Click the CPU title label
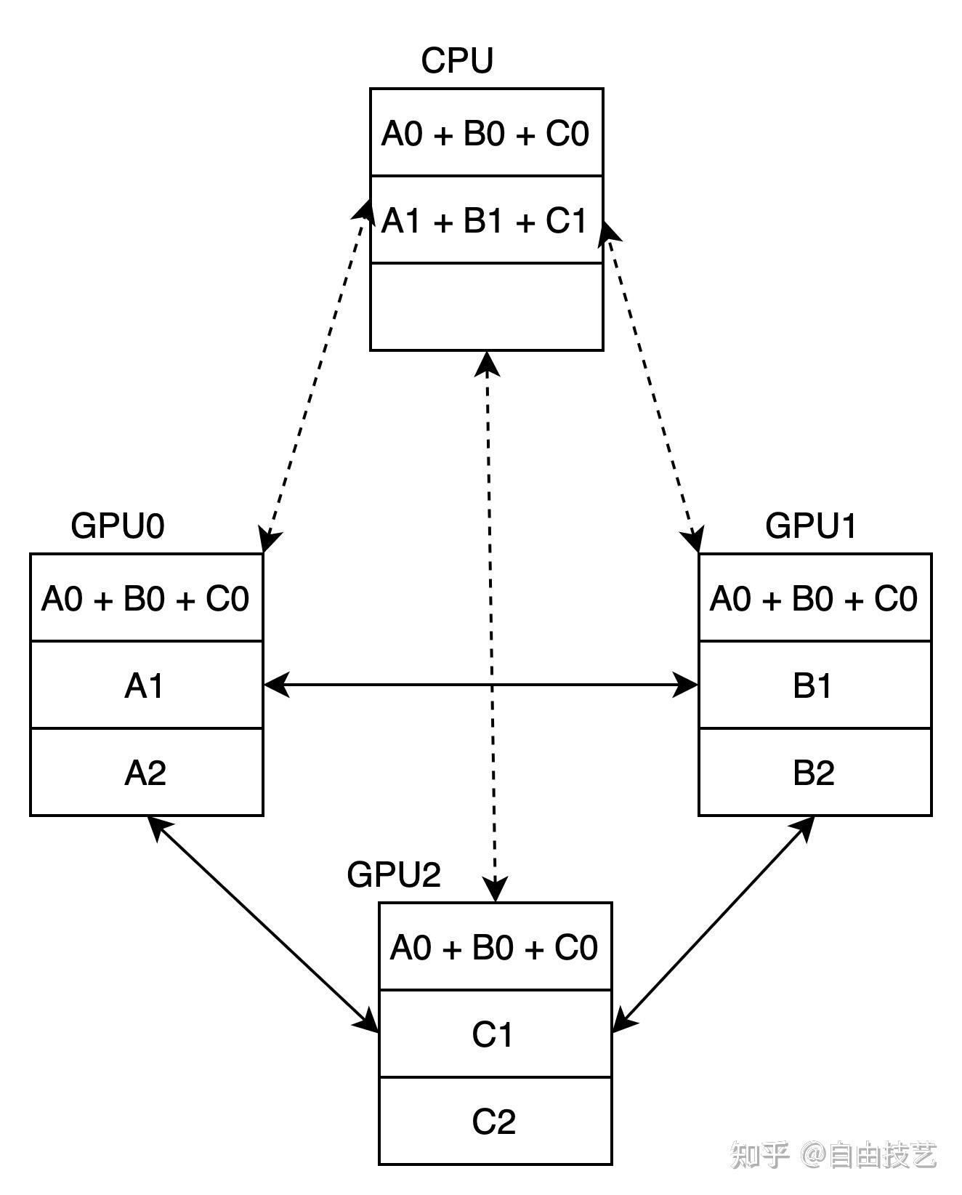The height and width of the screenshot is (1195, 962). [x=457, y=60]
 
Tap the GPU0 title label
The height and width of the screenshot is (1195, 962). [x=118, y=526]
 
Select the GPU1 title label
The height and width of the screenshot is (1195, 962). [x=811, y=526]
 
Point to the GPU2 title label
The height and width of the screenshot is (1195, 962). [x=394, y=874]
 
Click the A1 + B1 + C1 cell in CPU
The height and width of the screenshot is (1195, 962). [x=486, y=220]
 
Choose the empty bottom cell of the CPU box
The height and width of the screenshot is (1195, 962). [x=486, y=307]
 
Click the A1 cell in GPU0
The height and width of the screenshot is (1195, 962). [x=146, y=685]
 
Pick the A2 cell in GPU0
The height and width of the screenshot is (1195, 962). [x=146, y=772]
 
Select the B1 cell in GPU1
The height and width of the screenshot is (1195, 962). [x=815, y=685]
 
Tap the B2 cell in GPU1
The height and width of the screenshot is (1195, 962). [x=815, y=772]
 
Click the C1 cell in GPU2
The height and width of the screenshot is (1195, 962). [x=495, y=1034]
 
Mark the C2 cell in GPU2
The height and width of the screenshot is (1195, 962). [x=495, y=1121]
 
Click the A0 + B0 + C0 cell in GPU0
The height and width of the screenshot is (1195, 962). [x=146, y=597]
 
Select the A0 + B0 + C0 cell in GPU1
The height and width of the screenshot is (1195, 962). [x=815, y=597]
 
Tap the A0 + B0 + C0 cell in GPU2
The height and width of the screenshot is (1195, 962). [x=495, y=946]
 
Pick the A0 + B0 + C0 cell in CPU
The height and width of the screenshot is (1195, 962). [x=486, y=132]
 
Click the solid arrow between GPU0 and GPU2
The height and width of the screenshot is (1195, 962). [x=263, y=923]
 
